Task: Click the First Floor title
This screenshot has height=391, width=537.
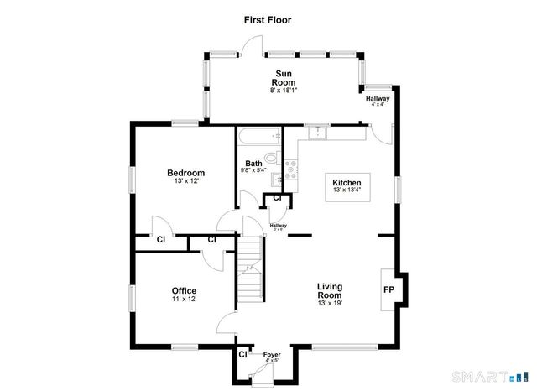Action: pyautogui.click(x=268, y=18)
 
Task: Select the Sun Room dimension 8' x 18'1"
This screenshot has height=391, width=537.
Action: pyautogui.click(x=283, y=90)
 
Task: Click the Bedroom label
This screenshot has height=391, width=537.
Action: pyautogui.click(x=186, y=173)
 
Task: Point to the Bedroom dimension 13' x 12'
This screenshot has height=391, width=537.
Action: pyautogui.click(x=186, y=182)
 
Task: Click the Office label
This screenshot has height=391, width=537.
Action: pyautogui.click(x=184, y=290)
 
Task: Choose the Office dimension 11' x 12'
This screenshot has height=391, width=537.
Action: pyautogui.click(x=184, y=300)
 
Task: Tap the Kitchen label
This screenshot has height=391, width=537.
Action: pyautogui.click(x=347, y=182)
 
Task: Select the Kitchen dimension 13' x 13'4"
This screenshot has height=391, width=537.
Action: pyautogui.click(x=347, y=191)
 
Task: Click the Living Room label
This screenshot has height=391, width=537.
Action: pyautogui.click(x=329, y=290)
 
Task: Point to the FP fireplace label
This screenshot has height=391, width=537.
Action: pyautogui.click(x=389, y=289)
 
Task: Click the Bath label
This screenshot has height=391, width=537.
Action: pyautogui.click(x=253, y=164)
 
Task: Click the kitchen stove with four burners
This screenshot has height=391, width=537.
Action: pyautogui.click(x=291, y=170)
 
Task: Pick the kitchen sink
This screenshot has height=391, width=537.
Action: pyautogui.click(x=318, y=132)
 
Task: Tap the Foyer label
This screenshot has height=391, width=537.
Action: pyautogui.click(x=271, y=355)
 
